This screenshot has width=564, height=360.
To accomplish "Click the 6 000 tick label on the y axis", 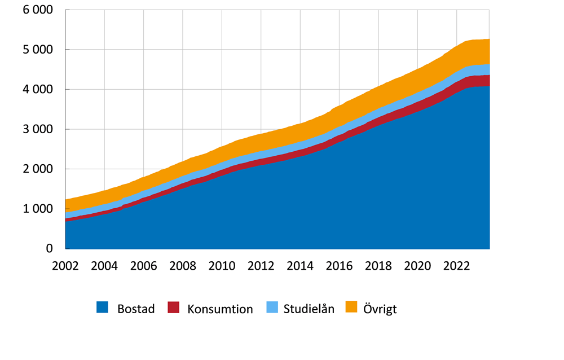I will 38,10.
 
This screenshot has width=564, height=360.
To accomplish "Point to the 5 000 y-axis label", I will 38,50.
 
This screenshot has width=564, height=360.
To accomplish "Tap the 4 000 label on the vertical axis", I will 38,89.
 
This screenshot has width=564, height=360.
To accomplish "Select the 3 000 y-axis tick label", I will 38,129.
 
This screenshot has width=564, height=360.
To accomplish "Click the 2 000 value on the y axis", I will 38,169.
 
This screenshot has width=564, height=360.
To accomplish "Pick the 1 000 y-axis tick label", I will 38,209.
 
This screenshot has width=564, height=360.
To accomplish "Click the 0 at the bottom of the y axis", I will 49,249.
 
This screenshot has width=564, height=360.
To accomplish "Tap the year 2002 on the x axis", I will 65,266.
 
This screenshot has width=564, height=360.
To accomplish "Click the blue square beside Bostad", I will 102,308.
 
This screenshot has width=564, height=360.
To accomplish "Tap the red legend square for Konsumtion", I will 174,308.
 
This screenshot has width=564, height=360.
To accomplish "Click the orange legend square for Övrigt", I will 351,308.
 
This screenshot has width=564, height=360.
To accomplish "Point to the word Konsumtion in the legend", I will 220,309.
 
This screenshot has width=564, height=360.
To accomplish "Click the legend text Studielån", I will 309,309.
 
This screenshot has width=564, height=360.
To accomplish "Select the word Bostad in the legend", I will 136,309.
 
